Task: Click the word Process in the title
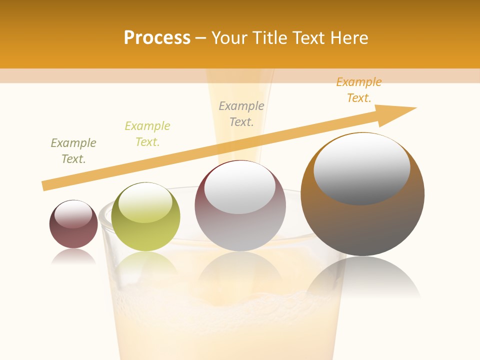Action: click(157, 38)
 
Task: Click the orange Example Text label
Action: click(358, 90)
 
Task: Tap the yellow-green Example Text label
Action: click(147, 134)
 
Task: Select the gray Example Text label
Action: click(241, 114)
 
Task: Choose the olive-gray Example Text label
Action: click(73, 151)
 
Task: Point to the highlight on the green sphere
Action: click(145, 202)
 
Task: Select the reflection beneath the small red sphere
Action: click(73, 257)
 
